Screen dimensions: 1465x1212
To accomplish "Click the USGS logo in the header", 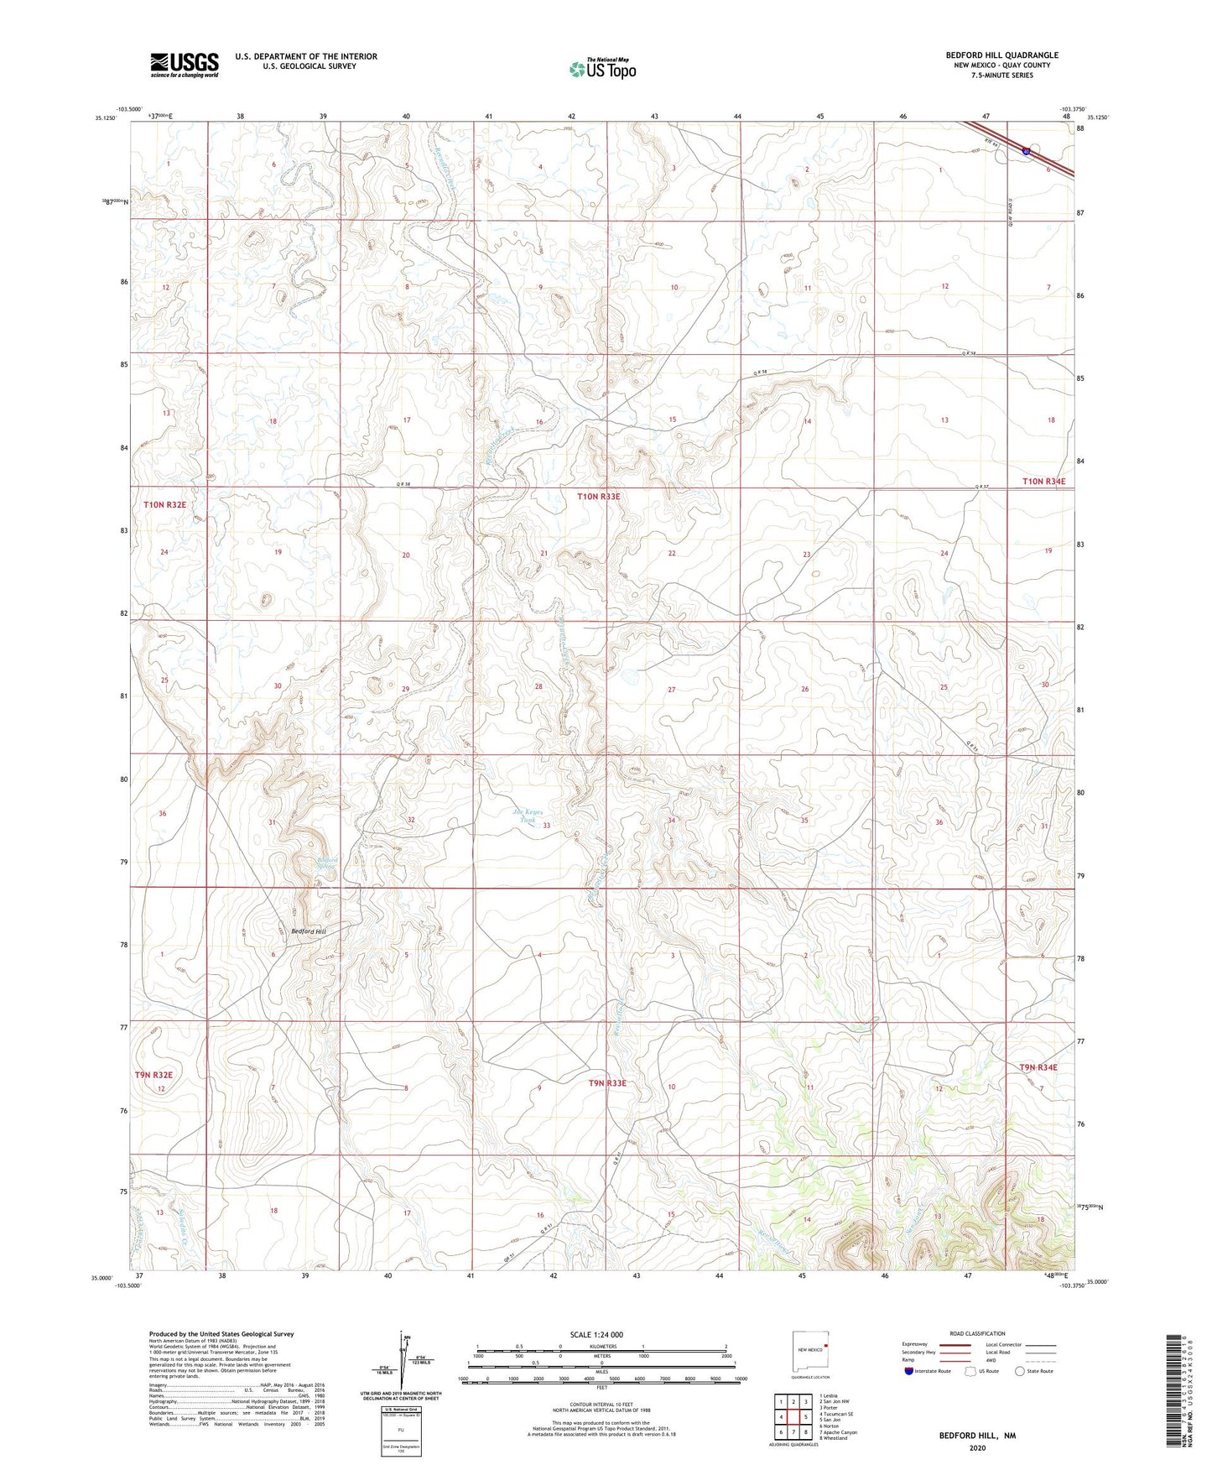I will point(185,65).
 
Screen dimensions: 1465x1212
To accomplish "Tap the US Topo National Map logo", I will point(602,69).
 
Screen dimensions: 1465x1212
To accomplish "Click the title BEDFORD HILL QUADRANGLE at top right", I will point(990,55).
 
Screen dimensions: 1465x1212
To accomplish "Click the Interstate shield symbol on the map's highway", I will point(1027,151).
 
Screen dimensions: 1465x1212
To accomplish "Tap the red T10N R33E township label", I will point(599,497).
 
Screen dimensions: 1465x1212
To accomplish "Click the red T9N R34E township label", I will point(1038,1067).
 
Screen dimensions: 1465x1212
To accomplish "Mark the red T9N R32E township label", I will point(153,1075).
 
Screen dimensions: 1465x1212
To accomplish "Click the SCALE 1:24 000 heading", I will point(596,1334).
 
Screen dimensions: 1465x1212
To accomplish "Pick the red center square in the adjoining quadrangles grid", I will point(793,1417).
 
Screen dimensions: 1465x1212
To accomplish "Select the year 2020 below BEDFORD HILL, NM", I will point(977,1447).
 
